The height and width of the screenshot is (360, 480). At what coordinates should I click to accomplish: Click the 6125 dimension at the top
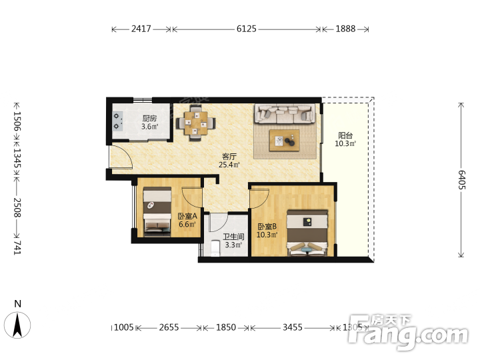tap(247, 29)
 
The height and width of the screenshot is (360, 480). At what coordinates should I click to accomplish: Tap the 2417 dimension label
tap(141, 29)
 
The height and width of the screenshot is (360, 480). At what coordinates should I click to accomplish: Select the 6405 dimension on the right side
tap(461, 180)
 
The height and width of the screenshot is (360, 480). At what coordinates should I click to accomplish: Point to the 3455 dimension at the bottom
tap(293, 327)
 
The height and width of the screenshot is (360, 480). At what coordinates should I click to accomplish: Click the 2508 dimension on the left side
tap(17, 207)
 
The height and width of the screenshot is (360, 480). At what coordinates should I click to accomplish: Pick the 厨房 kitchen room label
tap(149, 119)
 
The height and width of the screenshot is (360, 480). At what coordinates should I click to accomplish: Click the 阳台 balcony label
tap(345, 135)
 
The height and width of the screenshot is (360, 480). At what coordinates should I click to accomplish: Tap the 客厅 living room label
tap(229, 157)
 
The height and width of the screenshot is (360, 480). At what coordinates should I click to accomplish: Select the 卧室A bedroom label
tap(187, 217)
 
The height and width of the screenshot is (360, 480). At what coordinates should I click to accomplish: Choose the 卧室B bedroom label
tap(267, 227)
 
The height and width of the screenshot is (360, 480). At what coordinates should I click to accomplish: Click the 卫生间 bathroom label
tap(233, 237)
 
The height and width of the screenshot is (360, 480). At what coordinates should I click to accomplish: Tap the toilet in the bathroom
tap(215, 248)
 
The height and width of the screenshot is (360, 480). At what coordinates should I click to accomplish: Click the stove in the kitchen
tap(117, 121)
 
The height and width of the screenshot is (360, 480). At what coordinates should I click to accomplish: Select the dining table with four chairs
tap(195, 123)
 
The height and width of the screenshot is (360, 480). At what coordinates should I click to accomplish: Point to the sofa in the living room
tap(285, 113)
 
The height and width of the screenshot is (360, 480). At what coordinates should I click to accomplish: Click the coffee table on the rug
tap(285, 140)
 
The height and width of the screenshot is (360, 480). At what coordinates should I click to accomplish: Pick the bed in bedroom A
tap(157, 211)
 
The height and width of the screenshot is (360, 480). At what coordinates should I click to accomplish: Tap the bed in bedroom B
tap(307, 233)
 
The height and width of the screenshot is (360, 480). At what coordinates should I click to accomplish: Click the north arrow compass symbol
tap(18, 325)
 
